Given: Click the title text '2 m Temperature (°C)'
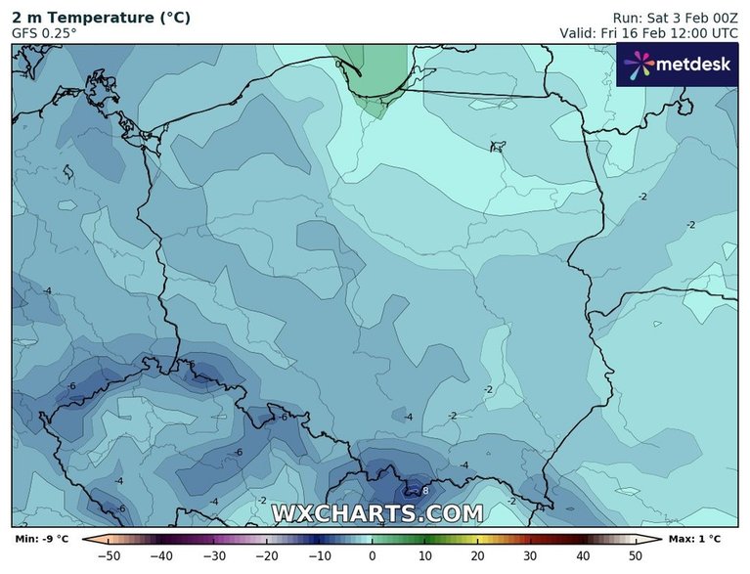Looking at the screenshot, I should tap(101, 18).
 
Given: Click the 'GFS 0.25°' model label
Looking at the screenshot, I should tap(44, 32).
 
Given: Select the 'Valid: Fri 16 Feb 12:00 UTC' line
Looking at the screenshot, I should tap(661, 32).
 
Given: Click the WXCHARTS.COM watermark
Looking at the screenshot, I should tap(376, 512).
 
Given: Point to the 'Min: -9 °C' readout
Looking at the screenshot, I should tap(42, 539).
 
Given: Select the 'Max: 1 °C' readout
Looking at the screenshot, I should tap(695, 539).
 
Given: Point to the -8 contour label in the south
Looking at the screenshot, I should tap(425, 490).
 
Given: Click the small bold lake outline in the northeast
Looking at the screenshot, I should tap(499, 148).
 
